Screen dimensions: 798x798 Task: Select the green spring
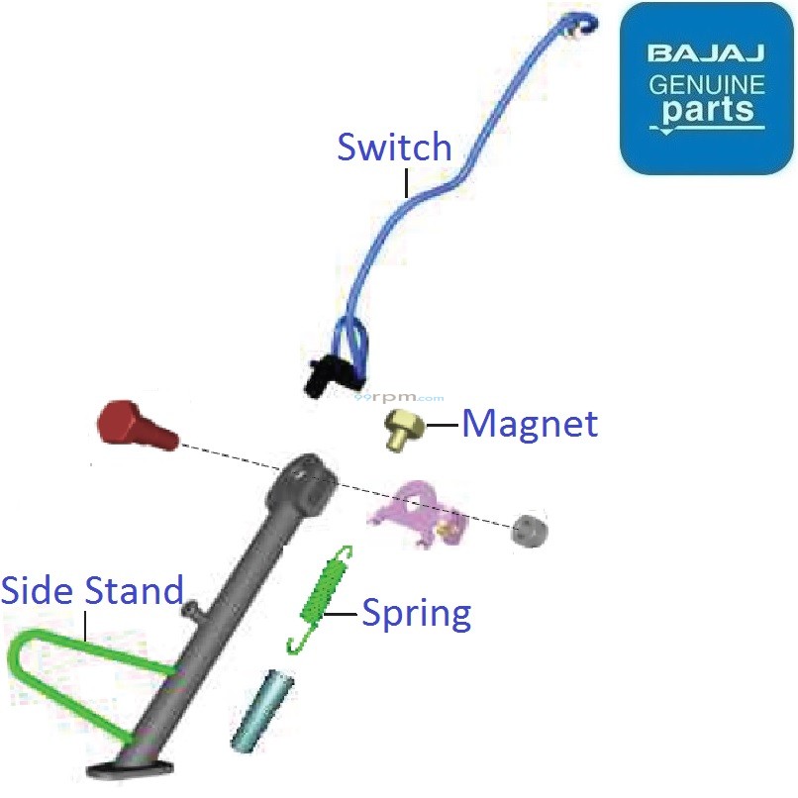(322, 598)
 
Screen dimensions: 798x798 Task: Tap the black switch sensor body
(321, 374)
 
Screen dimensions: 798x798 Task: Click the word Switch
(394, 148)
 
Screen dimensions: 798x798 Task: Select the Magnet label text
(531, 425)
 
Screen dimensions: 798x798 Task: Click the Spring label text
(416, 614)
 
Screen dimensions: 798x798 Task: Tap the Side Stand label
(92, 591)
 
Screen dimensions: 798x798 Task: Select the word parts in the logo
(707, 110)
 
